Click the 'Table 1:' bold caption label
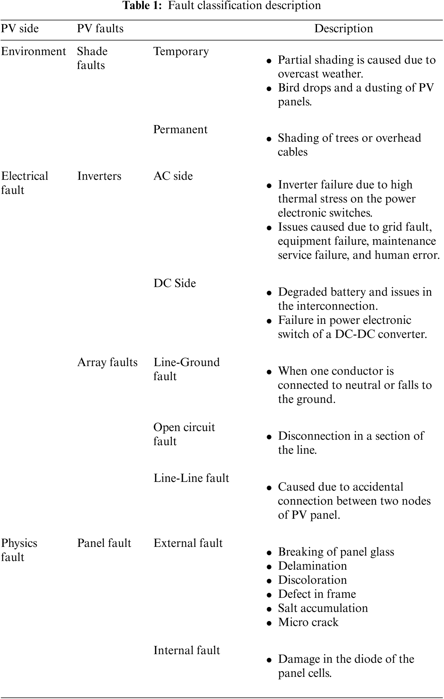pyautogui.click(x=142, y=5)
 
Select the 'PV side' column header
pyautogui.click(x=20, y=28)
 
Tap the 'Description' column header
pyautogui.click(x=344, y=28)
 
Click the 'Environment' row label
pyautogui.click(x=33, y=51)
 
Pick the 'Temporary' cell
pyautogui.click(x=181, y=51)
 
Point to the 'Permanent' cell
pyautogui.click(x=180, y=129)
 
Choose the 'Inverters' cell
pyautogui.click(x=99, y=176)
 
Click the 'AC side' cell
pyautogui.click(x=173, y=176)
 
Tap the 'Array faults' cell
pyautogui.click(x=107, y=362)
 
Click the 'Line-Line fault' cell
pyautogui.click(x=191, y=478)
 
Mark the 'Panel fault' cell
pyautogui.click(x=104, y=543)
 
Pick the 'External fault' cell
pyautogui.click(x=188, y=543)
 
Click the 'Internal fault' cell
pyautogui.click(x=187, y=651)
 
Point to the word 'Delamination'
pyautogui.click(x=312, y=566)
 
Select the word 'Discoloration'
pyautogui.click(x=312, y=580)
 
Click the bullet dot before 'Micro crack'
pyautogui.click(x=269, y=623)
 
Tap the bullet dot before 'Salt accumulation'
pyautogui.click(x=269, y=609)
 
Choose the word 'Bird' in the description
pyautogui.click(x=289, y=88)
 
